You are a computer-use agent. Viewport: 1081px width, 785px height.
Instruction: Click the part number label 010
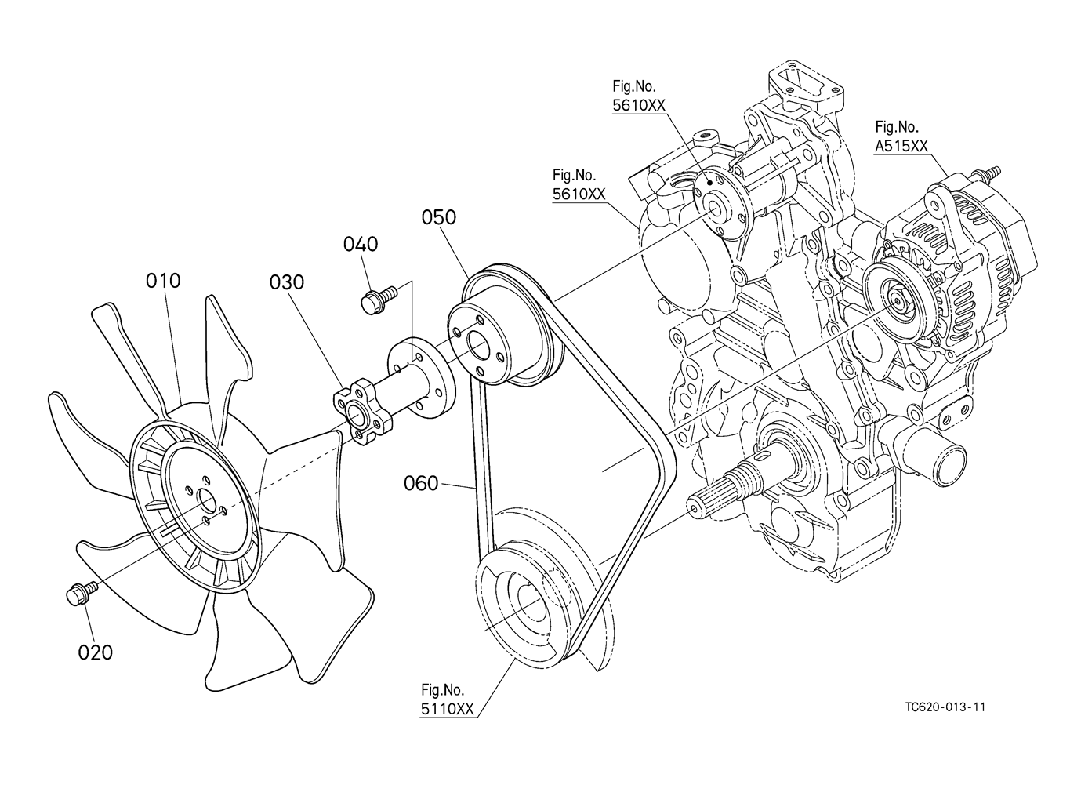[164, 280]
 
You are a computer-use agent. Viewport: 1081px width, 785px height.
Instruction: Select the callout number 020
[96, 652]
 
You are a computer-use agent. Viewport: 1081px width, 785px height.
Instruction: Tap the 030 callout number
[287, 282]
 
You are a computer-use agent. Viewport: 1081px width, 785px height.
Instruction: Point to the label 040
[361, 244]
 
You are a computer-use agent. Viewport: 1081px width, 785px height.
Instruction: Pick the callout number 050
[439, 217]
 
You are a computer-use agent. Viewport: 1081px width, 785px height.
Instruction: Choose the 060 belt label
[421, 484]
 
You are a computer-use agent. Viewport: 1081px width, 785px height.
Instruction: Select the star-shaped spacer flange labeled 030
[360, 414]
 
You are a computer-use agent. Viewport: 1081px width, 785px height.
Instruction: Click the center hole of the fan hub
[206, 499]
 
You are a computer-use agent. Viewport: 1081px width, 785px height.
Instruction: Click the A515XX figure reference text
[901, 145]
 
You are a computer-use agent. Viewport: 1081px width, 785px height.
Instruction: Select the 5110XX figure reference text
[447, 709]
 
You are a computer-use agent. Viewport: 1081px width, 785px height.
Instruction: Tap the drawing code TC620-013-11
[945, 707]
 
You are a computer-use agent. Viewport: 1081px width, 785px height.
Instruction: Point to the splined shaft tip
[693, 505]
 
